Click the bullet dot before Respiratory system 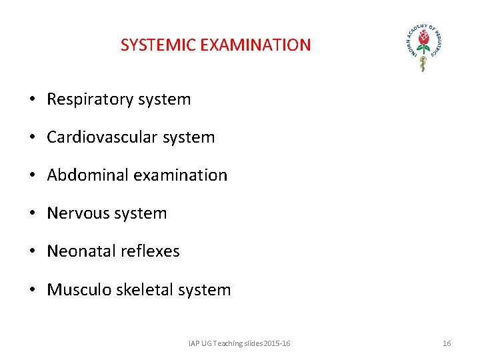tap(32, 100)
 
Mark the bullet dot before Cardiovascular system tap(32, 138)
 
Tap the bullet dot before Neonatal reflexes tap(32, 251)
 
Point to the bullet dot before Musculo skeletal tap(32, 289)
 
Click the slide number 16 tap(447, 343)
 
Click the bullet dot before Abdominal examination tap(32, 175)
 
